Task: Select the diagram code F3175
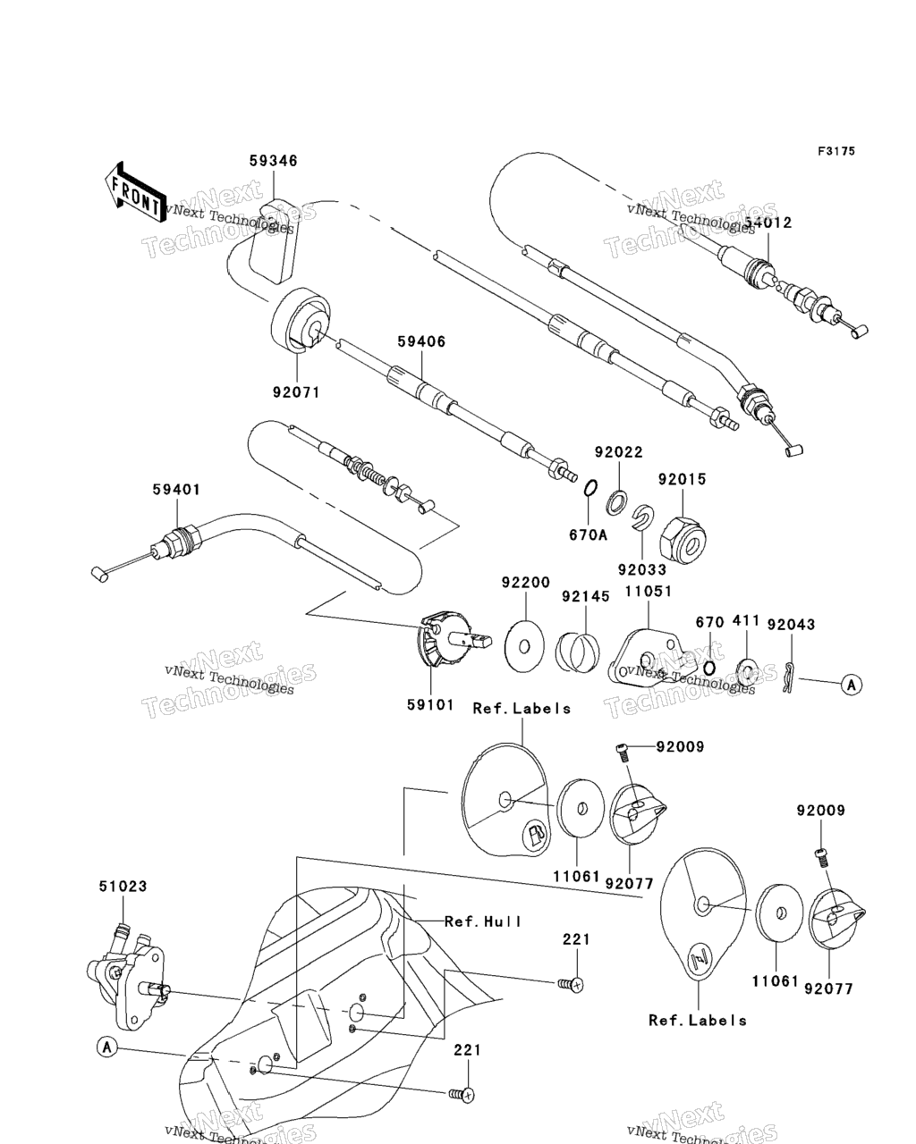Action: click(x=835, y=151)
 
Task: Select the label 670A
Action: click(x=589, y=534)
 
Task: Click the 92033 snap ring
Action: click(x=642, y=517)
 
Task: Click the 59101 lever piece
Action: click(x=450, y=646)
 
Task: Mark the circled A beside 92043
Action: click(x=852, y=686)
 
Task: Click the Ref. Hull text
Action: click(x=483, y=921)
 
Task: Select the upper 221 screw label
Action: click(x=576, y=939)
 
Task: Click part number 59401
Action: click(x=176, y=489)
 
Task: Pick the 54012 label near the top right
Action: click(x=768, y=223)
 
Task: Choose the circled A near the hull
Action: click(x=106, y=1047)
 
